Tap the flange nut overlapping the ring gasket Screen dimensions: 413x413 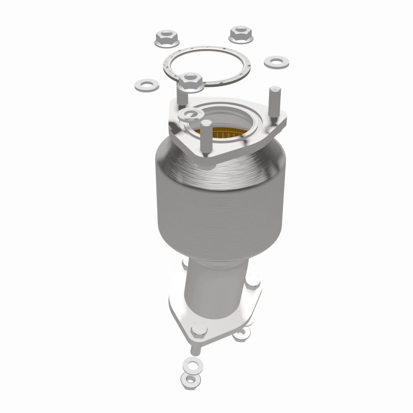(192, 82)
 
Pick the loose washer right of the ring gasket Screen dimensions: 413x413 (276, 62)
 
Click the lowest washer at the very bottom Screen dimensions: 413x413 (192, 380)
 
